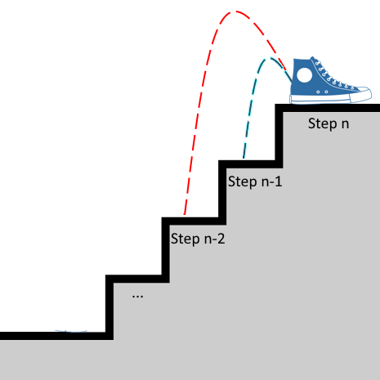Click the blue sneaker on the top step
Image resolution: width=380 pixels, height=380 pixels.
[x=330, y=80]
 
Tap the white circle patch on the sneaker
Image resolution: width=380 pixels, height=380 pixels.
[x=304, y=75]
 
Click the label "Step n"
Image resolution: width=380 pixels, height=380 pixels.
[x=329, y=124]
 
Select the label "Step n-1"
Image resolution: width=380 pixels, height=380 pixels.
[x=255, y=181]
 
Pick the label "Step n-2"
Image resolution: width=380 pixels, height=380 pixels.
[x=198, y=239]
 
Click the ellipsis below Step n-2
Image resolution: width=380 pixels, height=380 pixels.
[x=137, y=297]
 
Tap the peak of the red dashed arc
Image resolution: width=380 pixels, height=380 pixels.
[x=235, y=11]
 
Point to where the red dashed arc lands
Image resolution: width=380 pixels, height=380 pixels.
[x=185, y=214]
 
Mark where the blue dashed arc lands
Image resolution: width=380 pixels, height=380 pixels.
[x=244, y=158]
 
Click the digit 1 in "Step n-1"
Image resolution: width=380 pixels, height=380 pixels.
[x=279, y=181]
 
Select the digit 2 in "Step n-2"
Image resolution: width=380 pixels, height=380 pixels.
[x=221, y=239]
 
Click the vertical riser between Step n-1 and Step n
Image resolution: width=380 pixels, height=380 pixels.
[x=279, y=136]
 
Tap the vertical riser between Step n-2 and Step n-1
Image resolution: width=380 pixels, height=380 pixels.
[x=222, y=193]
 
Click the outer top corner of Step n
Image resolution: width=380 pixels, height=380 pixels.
[x=275, y=104]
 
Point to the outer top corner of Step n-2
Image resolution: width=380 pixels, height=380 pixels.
[x=162, y=217]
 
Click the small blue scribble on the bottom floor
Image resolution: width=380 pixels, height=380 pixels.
[x=71, y=331]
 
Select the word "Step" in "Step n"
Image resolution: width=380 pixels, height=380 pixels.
[x=323, y=124]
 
